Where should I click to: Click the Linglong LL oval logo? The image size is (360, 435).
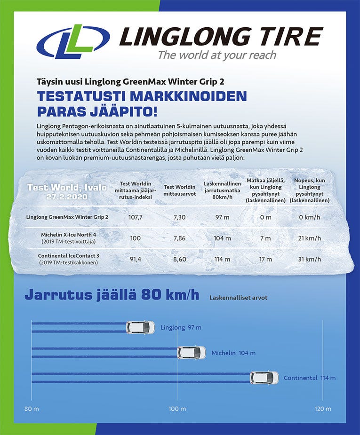(73, 42)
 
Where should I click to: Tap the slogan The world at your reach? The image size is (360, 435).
(217, 55)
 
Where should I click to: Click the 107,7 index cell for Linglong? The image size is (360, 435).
(136, 218)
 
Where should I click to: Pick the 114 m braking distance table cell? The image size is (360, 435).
(222, 259)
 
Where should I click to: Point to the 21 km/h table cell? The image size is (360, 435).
(310, 238)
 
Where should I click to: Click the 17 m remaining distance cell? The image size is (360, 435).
(265, 259)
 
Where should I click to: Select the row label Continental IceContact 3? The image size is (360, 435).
(68, 255)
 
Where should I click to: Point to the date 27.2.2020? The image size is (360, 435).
(67, 196)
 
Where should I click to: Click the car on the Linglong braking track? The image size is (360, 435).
(140, 327)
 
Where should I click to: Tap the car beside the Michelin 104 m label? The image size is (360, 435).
(191, 353)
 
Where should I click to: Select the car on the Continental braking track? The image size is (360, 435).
(264, 378)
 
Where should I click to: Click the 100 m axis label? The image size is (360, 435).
(177, 408)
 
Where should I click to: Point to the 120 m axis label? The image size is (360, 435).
(322, 408)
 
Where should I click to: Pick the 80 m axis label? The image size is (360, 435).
(32, 408)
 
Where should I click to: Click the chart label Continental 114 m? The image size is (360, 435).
(310, 378)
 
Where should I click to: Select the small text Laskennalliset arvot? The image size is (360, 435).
(239, 298)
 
